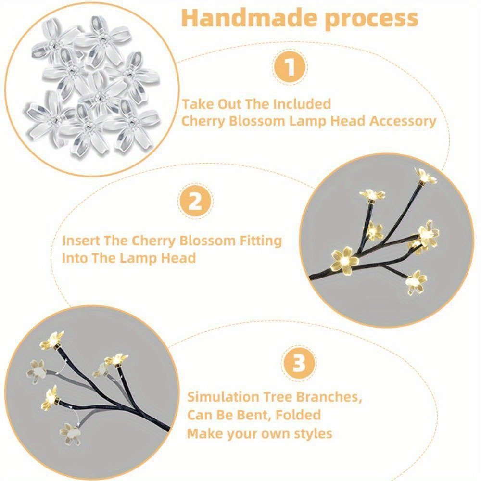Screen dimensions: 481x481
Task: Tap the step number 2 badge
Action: click(x=195, y=202)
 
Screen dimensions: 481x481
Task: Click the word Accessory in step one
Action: click(x=403, y=121)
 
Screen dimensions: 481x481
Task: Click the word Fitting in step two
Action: click(x=261, y=241)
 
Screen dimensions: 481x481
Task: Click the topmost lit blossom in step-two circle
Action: click(x=426, y=176)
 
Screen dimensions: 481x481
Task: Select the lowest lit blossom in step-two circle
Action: click(x=416, y=282)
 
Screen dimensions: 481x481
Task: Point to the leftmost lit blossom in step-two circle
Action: click(x=345, y=260)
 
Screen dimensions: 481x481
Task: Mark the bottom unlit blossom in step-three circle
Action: click(x=70, y=434)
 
